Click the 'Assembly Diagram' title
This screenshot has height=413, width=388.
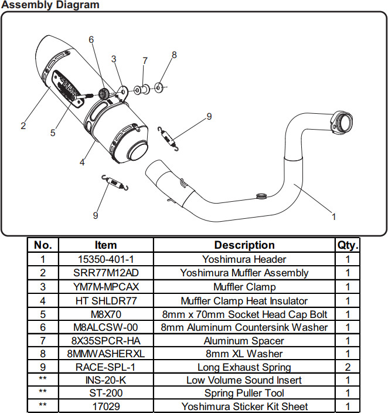point(50,5)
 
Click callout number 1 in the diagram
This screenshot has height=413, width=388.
point(334,216)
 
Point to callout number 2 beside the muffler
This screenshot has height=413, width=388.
point(23,125)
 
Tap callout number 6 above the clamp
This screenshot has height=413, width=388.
point(91,40)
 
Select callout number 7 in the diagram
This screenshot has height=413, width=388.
point(145,60)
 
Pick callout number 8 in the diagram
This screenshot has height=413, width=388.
point(174,55)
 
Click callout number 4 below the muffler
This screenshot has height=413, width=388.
point(83,162)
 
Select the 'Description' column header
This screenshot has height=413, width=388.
point(244,245)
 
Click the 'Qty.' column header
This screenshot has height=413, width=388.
point(347,245)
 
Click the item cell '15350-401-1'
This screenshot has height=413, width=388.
point(105,259)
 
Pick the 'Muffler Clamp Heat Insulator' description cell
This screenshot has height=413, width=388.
point(244,301)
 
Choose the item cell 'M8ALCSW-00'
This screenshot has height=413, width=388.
point(105,327)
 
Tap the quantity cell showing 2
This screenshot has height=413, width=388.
point(347,367)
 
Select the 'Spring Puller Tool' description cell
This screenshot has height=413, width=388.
point(244,393)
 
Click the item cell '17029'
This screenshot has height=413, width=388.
point(105,406)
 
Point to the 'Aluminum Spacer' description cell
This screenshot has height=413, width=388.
point(244,341)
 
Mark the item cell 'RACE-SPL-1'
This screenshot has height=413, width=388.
point(105,367)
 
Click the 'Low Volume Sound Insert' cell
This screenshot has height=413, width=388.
point(244,380)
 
